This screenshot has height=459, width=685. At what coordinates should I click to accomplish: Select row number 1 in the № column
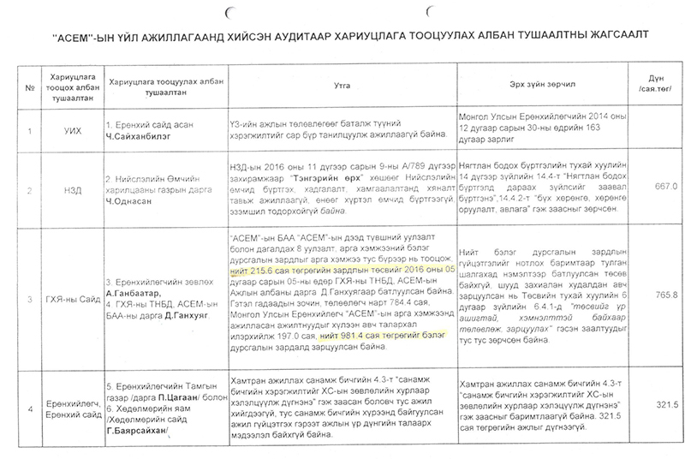point(30,130)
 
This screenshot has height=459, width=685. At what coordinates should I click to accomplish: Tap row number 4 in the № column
point(30,408)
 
